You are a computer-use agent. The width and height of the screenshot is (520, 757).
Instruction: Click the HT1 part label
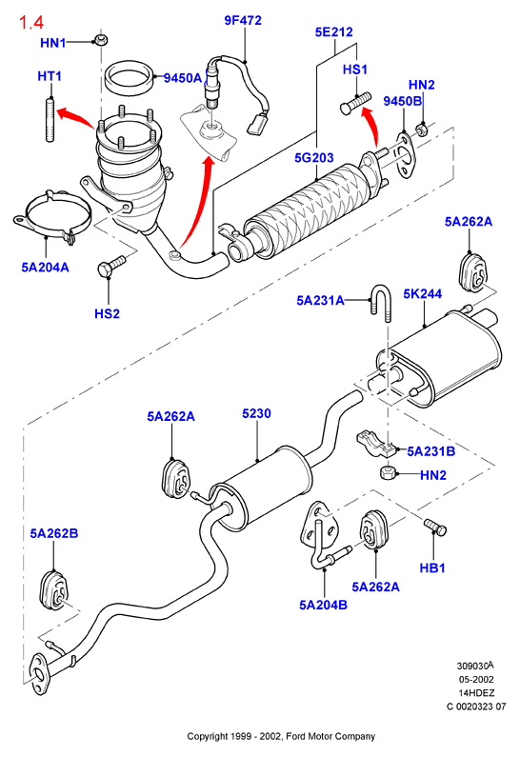click(50, 76)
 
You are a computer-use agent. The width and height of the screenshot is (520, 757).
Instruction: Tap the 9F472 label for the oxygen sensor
click(243, 20)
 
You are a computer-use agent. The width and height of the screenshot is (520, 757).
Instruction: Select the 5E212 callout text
click(333, 31)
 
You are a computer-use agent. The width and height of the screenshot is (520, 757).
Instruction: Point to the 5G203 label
click(314, 157)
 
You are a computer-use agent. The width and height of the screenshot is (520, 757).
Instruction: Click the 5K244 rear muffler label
click(423, 293)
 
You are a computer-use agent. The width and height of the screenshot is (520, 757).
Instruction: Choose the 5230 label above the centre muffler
click(256, 413)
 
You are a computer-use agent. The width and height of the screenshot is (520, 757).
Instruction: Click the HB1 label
click(432, 568)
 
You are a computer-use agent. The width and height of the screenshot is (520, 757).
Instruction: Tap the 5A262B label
click(54, 533)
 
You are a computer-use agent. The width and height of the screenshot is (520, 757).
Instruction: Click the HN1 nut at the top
click(100, 40)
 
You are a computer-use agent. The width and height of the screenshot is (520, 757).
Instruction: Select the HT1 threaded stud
click(50, 120)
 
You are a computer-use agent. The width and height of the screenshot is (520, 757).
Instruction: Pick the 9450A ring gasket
click(130, 77)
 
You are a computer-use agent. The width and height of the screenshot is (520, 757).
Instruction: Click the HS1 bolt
click(355, 103)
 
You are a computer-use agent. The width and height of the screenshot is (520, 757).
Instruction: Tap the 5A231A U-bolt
click(380, 303)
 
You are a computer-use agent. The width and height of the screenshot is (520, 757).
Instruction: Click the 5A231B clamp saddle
click(376, 443)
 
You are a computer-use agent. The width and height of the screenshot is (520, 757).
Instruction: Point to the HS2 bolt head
click(106, 269)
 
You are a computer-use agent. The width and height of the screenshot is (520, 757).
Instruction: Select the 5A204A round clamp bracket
click(51, 217)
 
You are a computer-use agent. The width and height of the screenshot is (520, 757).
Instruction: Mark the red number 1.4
click(31, 22)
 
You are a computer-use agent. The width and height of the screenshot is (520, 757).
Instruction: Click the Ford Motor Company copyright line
click(281, 736)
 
